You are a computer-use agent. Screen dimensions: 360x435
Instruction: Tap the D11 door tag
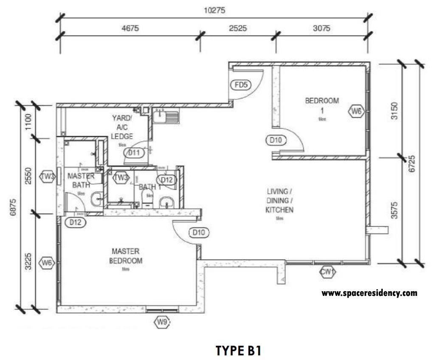[x=134, y=152]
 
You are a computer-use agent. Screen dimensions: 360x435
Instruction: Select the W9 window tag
[x=161, y=323]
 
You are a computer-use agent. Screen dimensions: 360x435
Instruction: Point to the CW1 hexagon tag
[x=327, y=272]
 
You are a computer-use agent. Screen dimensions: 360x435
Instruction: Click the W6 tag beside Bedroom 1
[x=356, y=112]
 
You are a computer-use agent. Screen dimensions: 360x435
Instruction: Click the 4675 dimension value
[x=131, y=29]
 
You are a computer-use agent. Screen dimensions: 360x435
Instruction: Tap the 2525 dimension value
[x=238, y=29]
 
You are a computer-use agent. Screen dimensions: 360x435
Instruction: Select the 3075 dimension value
[x=322, y=29]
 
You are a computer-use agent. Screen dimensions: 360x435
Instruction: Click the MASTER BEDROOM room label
[x=125, y=256]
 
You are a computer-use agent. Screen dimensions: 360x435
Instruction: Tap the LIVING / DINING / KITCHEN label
[x=279, y=200]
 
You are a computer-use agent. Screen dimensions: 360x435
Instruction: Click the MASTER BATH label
[x=81, y=180]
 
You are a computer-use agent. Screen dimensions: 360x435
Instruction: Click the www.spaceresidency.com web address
[x=369, y=293]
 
